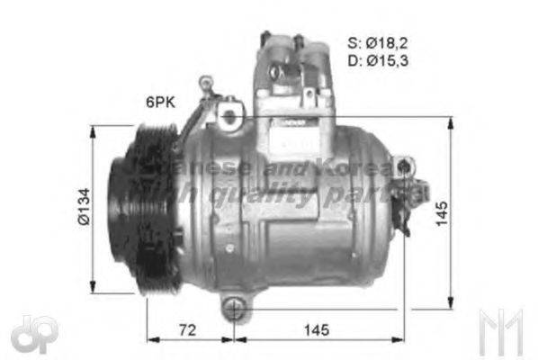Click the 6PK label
click(161, 102)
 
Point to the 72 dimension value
click(186, 330)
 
